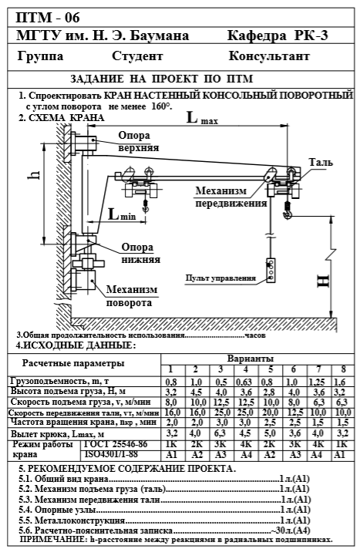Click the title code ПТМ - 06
click(x=48, y=18)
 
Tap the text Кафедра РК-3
click(x=278, y=35)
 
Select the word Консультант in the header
click(x=269, y=56)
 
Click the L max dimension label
click(x=202, y=118)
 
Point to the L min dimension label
click(x=122, y=214)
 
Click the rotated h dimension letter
click(x=34, y=174)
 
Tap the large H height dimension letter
click(x=323, y=281)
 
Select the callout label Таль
click(x=321, y=162)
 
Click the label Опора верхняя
click(x=138, y=141)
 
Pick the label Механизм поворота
click(x=131, y=296)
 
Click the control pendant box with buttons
click(x=271, y=271)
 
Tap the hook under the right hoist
click(x=288, y=213)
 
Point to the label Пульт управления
click(x=220, y=278)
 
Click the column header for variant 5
click(x=271, y=369)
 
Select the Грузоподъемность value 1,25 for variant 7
click(x=317, y=382)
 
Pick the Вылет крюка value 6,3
click(x=220, y=433)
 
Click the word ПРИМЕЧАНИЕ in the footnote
click(x=52, y=539)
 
